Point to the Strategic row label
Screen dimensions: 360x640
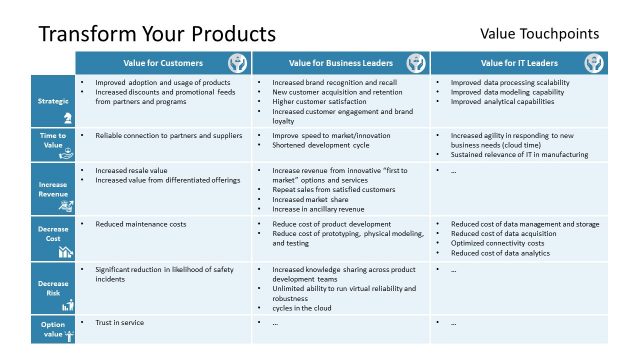click(x=53, y=101)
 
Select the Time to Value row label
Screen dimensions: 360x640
click(x=53, y=140)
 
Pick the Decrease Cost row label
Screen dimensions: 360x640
click(x=53, y=236)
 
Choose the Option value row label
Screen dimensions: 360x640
click(x=53, y=328)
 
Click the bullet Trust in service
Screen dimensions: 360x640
click(x=119, y=322)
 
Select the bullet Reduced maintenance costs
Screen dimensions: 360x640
click(x=140, y=224)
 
